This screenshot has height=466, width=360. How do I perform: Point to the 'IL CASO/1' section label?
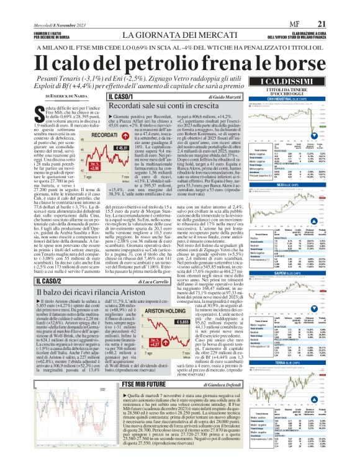tap(120, 97)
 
